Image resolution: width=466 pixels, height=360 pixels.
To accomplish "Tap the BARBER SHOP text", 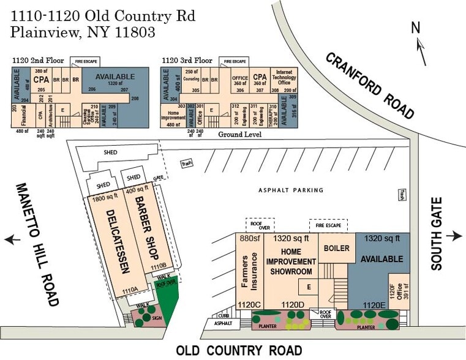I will [143, 228].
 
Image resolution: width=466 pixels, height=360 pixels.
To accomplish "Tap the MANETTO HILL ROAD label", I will [36, 244].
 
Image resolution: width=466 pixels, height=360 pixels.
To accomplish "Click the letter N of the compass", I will [416, 27].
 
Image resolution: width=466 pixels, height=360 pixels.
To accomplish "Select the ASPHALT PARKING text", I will [290, 190].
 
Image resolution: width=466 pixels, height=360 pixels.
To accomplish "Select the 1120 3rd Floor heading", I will [187, 61].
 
